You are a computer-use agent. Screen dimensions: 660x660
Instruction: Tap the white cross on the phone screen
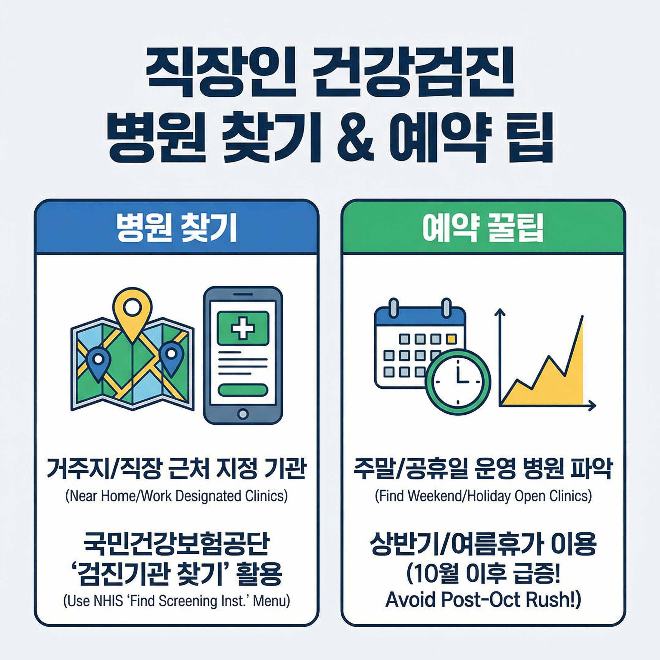tap(243, 328)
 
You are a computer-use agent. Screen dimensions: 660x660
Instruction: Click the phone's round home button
tap(243, 414)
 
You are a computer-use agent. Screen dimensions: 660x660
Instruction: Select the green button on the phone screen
tap(243, 389)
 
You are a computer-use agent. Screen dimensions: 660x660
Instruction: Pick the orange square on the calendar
tap(451, 339)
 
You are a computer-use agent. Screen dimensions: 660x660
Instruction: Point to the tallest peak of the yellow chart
tap(581, 318)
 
